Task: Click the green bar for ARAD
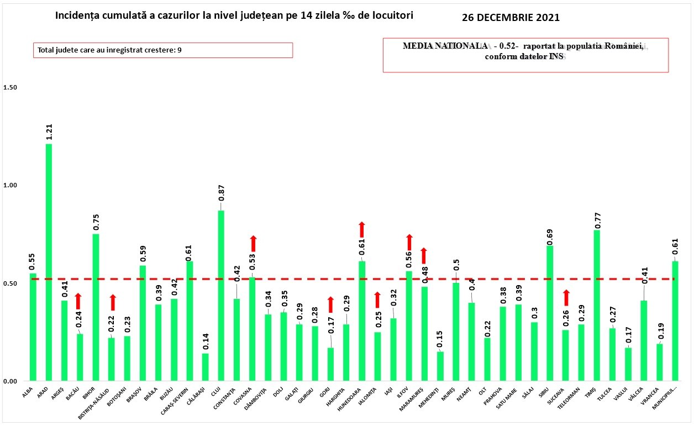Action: pos(49,262)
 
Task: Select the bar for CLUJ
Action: pos(221,296)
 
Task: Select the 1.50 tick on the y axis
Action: pos(10,88)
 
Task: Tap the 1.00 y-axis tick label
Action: pos(10,186)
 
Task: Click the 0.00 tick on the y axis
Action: pos(10,381)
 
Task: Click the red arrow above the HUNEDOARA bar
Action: pos(362,229)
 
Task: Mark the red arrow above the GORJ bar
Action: pos(330,304)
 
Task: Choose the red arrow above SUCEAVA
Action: pos(566,297)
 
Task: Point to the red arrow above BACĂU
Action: pos(78,301)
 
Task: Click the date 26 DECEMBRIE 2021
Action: pos(511,18)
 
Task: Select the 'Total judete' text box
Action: pos(162,50)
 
